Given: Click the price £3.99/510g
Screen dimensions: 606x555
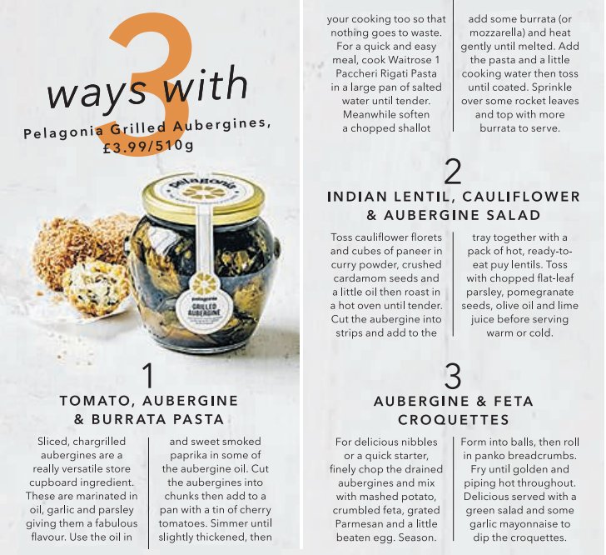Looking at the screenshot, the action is pyautogui.click(x=148, y=147).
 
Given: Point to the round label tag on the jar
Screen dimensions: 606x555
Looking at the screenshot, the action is pyautogui.click(x=205, y=303).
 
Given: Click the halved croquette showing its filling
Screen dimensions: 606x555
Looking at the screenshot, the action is pyautogui.click(x=95, y=287).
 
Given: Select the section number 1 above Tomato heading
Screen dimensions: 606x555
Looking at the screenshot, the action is pyautogui.click(x=148, y=376).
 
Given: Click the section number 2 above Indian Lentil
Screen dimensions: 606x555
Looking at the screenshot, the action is pyautogui.click(x=453, y=172).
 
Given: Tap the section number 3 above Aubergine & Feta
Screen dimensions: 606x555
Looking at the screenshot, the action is pyautogui.click(x=453, y=376).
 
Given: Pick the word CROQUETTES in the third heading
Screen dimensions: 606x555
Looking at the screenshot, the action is pyautogui.click(x=454, y=420).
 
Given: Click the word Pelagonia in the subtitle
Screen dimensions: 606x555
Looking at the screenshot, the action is pyautogui.click(x=64, y=132).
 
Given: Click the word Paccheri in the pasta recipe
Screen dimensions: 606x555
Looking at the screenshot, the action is pyautogui.click(x=353, y=73).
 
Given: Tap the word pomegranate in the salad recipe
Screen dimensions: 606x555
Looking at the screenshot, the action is pyautogui.click(x=519, y=292).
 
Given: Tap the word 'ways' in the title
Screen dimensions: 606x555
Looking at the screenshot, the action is pyautogui.click(x=97, y=93).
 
